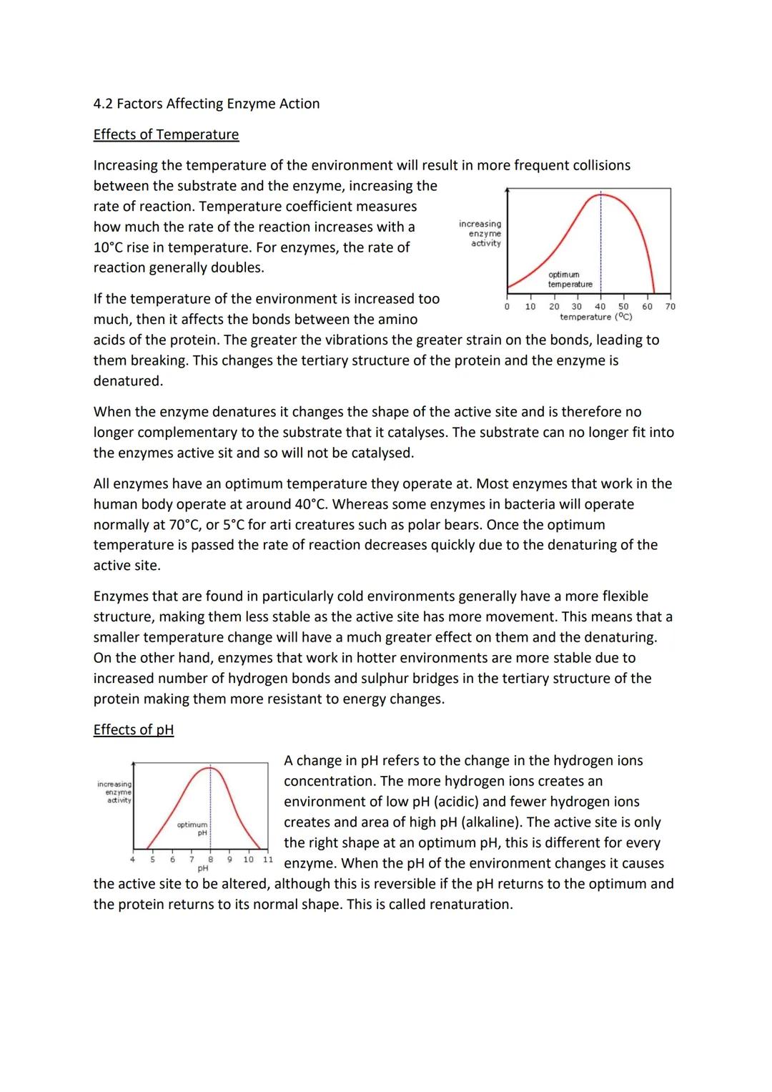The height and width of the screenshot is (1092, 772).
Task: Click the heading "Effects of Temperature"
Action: click(x=166, y=134)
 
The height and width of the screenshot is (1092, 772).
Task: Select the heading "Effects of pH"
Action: click(x=133, y=729)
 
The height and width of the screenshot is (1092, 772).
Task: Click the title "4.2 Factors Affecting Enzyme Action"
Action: click(x=206, y=104)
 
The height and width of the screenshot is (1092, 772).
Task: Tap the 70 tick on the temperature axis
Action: click(x=670, y=307)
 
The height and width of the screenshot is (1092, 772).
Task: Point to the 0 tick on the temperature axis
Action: click(x=507, y=307)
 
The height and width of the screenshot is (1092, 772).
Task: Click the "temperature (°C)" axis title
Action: click(x=595, y=317)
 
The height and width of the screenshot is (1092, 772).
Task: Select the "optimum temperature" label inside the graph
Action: click(x=570, y=280)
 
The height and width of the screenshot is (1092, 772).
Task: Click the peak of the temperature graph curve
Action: click(x=601, y=194)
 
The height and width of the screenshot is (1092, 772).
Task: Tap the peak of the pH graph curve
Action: click(x=210, y=768)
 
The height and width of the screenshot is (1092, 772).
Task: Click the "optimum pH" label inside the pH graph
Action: click(x=192, y=829)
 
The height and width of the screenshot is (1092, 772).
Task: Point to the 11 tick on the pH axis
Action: click(x=267, y=859)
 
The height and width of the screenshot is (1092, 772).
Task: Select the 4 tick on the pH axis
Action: click(x=132, y=859)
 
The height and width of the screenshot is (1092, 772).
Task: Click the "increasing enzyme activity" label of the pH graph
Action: click(x=114, y=792)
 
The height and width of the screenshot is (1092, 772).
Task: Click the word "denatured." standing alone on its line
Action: click(x=128, y=380)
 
